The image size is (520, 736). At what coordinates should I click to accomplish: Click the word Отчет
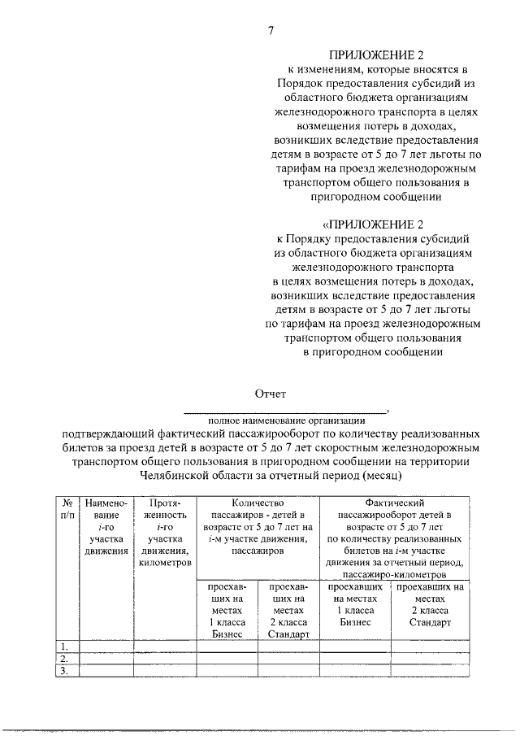pos(271,394)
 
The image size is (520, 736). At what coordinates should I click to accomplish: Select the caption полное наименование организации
pos(286,420)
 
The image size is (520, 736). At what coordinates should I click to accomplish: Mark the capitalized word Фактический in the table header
pos(395,503)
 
